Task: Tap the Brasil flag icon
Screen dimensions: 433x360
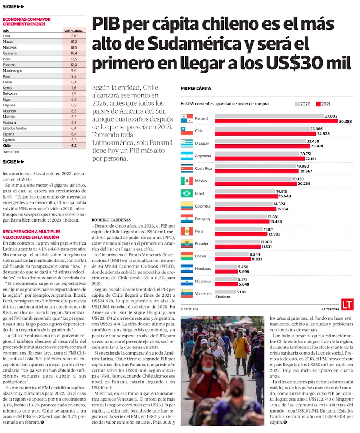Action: tap(187, 193)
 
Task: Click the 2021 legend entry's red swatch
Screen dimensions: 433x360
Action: tap(318, 104)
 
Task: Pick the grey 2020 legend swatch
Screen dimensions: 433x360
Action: tap(297, 104)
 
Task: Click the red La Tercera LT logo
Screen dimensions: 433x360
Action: tap(347, 305)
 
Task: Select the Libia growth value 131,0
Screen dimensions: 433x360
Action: tap(74, 36)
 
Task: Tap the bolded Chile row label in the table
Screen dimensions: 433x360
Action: tap(7, 146)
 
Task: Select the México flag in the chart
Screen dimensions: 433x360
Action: tap(187, 181)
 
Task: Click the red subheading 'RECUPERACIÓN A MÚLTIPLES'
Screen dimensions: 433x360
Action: tap(31, 232)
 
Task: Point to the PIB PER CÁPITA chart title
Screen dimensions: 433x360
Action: tap(196, 88)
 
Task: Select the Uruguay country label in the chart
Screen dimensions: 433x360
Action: tap(202, 143)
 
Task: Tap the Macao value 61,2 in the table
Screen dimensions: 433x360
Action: tap(74, 42)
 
